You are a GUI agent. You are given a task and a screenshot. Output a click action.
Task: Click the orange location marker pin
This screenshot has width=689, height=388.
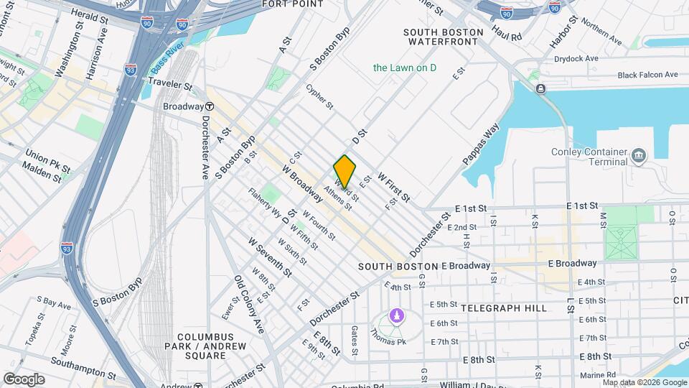click(x=344, y=172)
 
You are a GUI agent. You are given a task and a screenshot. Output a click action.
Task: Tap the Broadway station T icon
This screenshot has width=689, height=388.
click(x=206, y=106)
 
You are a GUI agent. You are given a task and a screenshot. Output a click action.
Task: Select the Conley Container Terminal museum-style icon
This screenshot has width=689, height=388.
click(x=637, y=155)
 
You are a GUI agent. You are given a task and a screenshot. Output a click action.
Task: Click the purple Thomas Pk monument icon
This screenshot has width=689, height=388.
click(x=395, y=315)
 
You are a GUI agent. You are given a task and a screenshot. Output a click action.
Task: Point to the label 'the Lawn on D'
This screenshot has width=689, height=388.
click(x=404, y=68)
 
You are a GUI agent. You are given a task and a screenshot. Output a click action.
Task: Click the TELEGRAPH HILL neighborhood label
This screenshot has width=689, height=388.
click(x=503, y=308)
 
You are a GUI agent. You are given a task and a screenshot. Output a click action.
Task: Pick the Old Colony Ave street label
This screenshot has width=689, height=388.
click(x=248, y=305)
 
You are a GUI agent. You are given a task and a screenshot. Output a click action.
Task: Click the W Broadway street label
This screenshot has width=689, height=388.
click(x=301, y=183)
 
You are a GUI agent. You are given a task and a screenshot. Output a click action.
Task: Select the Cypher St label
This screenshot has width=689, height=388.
click(x=319, y=97)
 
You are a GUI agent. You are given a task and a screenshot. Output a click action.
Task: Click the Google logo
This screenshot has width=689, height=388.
click(x=24, y=379)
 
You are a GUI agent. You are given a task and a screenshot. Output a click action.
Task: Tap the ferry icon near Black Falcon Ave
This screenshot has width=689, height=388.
click(x=539, y=88)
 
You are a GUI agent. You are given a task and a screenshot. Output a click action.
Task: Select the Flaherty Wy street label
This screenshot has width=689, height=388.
click(x=265, y=203)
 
